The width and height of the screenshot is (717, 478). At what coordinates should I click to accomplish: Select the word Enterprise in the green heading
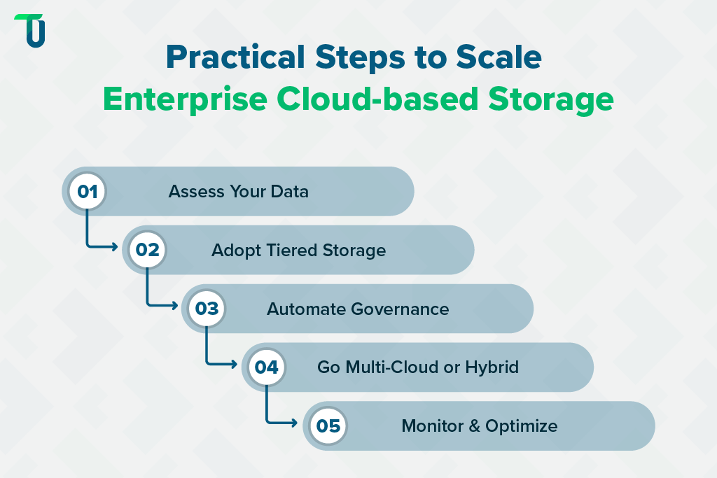click(x=184, y=99)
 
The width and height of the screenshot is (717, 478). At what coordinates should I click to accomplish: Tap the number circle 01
click(x=87, y=191)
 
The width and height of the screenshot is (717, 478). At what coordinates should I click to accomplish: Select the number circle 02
click(x=147, y=250)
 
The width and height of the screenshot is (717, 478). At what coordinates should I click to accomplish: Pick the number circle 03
click(x=207, y=309)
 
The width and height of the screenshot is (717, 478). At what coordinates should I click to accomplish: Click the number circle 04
click(x=267, y=367)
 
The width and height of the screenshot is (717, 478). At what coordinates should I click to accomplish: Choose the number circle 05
click(x=328, y=426)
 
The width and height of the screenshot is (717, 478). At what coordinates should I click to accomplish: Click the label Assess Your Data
click(x=238, y=191)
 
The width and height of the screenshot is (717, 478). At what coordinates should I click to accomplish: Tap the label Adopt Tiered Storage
click(x=298, y=250)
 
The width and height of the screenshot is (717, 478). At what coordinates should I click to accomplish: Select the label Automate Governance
click(x=358, y=309)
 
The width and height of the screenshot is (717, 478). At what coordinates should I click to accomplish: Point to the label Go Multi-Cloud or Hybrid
click(x=418, y=367)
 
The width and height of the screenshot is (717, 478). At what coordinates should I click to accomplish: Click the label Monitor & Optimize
click(x=479, y=426)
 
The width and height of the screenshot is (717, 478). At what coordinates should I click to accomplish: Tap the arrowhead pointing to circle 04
click(x=236, y=364)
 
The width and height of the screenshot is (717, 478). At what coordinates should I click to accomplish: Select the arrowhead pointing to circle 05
click(x=296, y=423)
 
